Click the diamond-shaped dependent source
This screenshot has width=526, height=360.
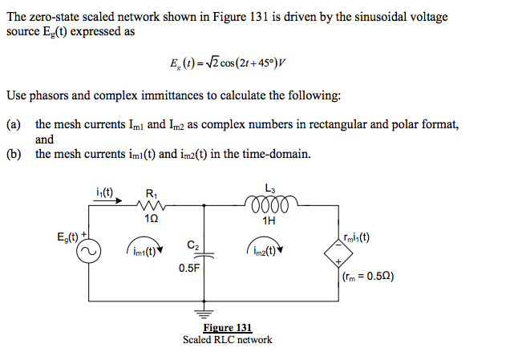[341, 251]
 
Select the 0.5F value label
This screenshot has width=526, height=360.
[189, 269]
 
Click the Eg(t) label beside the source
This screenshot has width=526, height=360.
[67, 237]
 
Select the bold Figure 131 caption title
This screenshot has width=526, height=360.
[228, 327]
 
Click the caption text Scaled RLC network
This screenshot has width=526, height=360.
[228, 339]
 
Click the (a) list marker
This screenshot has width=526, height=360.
[13, 124]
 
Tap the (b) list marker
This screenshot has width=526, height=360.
[13, 154]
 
